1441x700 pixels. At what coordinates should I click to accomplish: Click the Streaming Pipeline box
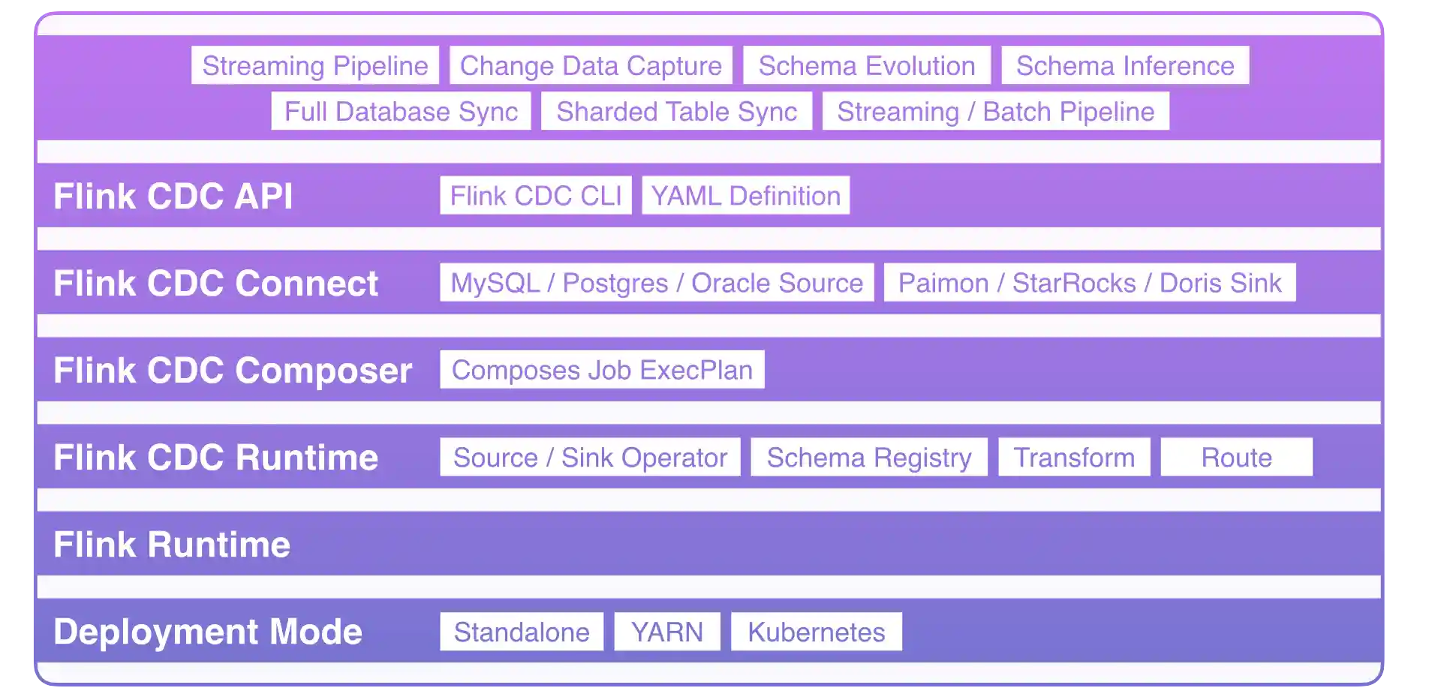point(315,65)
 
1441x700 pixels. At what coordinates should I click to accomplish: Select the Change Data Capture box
point(591,65)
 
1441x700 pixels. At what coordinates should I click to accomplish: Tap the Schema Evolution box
point(867,65)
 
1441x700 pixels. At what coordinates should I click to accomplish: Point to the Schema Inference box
point(1125,65)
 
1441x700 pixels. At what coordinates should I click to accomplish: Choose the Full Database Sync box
point(401,111)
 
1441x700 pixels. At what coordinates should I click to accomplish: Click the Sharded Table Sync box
point(676,111)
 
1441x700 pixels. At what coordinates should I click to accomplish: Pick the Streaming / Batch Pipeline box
point(995,111)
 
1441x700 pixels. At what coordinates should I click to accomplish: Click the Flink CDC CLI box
point(536,196)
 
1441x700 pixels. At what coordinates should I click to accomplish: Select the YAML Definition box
point(745,196)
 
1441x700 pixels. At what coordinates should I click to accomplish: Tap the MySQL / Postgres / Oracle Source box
point(657,283)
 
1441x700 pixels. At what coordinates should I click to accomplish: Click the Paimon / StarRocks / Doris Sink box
point(1090,283)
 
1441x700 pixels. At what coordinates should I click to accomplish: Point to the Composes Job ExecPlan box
point(602,370)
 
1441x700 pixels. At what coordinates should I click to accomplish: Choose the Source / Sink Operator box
point(590,457)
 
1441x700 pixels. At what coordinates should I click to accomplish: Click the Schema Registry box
point(869,457)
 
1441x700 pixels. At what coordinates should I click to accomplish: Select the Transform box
point(1074,457)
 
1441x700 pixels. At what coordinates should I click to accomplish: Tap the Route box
point(1236,457)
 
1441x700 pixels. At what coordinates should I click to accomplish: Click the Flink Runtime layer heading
point(172,545)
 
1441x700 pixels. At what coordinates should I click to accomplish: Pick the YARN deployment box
point(667,632)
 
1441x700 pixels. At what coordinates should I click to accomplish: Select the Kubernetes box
point(817,632)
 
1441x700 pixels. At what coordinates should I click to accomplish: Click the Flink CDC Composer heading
point(233,371)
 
